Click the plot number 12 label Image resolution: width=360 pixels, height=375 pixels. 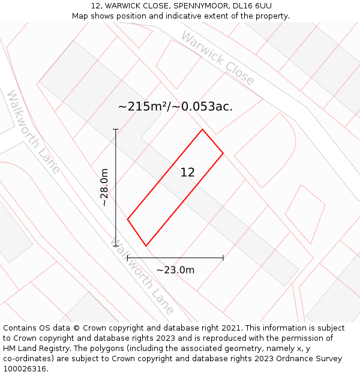[x=188, y=172]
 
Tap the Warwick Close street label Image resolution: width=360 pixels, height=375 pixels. [x=217, y=58]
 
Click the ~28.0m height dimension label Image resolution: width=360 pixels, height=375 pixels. [x=104, y=188]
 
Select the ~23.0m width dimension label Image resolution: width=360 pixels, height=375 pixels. [x=175, y=270]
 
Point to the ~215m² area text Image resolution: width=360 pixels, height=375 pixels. [x=142, y=107]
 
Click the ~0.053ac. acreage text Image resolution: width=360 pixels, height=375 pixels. [x=204, y=107]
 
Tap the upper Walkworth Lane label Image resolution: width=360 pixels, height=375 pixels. [x=34, y=131]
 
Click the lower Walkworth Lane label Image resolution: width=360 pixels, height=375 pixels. [x=143, y=276]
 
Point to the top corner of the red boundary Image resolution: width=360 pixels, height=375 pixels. [x=202, y=129]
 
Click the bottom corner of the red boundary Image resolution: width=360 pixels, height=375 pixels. [x=146, y=245]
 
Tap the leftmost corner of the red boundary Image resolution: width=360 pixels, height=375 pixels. [x=128, y=219]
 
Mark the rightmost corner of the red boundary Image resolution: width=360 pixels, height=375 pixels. [x=223, y=153]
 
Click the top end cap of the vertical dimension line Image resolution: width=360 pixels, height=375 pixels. [x=116, y=129]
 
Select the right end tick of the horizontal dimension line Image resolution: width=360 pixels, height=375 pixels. [x=223, y=258]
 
